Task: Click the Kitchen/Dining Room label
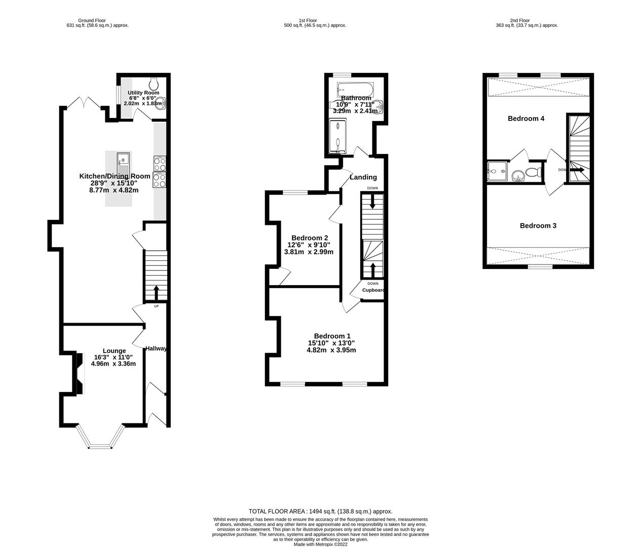[115, 176]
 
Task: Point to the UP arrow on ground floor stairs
[156, 292]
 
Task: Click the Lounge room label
[114, 350]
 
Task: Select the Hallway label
[156, 348]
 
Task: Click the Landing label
[363, 177]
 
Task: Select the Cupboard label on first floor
[373, 290]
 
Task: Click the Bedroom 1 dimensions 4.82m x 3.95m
[331, 350]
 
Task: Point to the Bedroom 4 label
[526, 119]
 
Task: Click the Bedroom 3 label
[538, 225]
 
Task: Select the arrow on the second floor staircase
[577, 170]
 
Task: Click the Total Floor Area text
[320, 512]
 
